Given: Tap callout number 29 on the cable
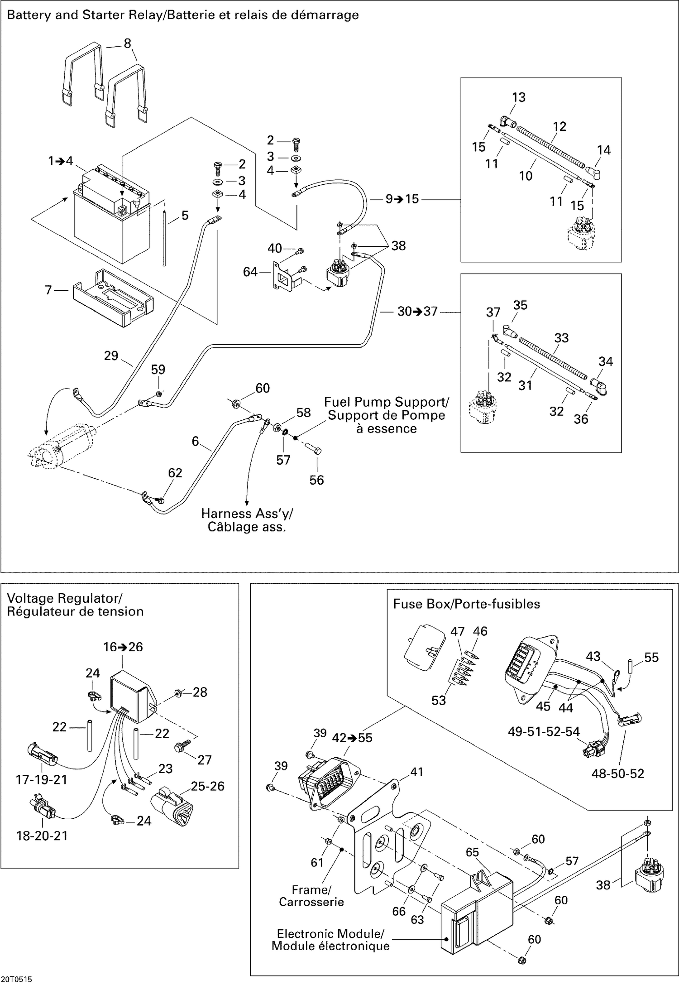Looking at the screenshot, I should click(x=111, y=356).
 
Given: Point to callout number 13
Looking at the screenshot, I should click(x=519, y=97).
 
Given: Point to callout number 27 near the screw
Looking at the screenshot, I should click(x=205, y=759).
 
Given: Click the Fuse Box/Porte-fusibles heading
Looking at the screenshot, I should click(x=466, y=604).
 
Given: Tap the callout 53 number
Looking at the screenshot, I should click(x=439, y=700).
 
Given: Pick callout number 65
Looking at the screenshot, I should click(x=472, y=852).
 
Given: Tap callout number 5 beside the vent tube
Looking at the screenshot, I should click(x=185, y=216).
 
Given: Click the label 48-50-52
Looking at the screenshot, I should click(x=617, y=774).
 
